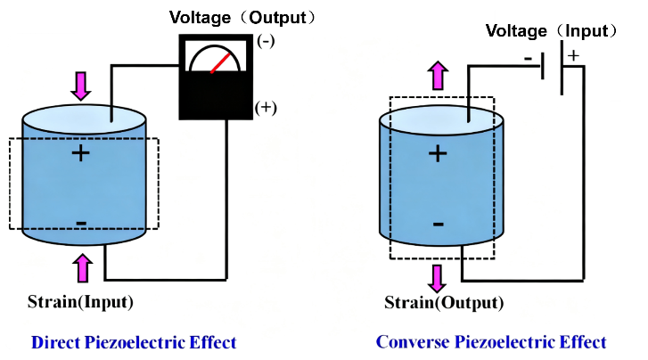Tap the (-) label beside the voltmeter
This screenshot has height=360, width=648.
pyautogui.click(x=266, y=41)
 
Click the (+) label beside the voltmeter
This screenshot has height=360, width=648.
pyautogui.click(x=266, y=108)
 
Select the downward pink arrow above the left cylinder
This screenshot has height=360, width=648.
pyautogui.click(x=81, y=86)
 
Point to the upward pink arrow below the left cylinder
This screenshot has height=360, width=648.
pyautogui.click(x=83, y=267)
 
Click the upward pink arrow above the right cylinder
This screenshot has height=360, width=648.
pyautogui.click(x=437, y=76)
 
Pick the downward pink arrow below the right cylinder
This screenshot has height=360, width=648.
pyautogui.click(x=437, y=277)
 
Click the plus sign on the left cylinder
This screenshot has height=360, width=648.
pyautogui.click(x=81, y=153)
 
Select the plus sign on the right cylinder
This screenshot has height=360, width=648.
pyautogui.click(x=437, y=153)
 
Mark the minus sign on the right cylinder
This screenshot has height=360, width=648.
pyautogui.click(x=438, y=223)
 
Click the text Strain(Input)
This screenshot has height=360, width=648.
pyautogui.click(x=81, y=301)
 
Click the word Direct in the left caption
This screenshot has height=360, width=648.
pyautogui.click(x=56, y=342)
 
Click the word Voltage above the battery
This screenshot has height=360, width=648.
pyautogui.click(x=516, y=31)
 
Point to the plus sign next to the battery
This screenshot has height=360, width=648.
pyautogui.click(x=572, y=55)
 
